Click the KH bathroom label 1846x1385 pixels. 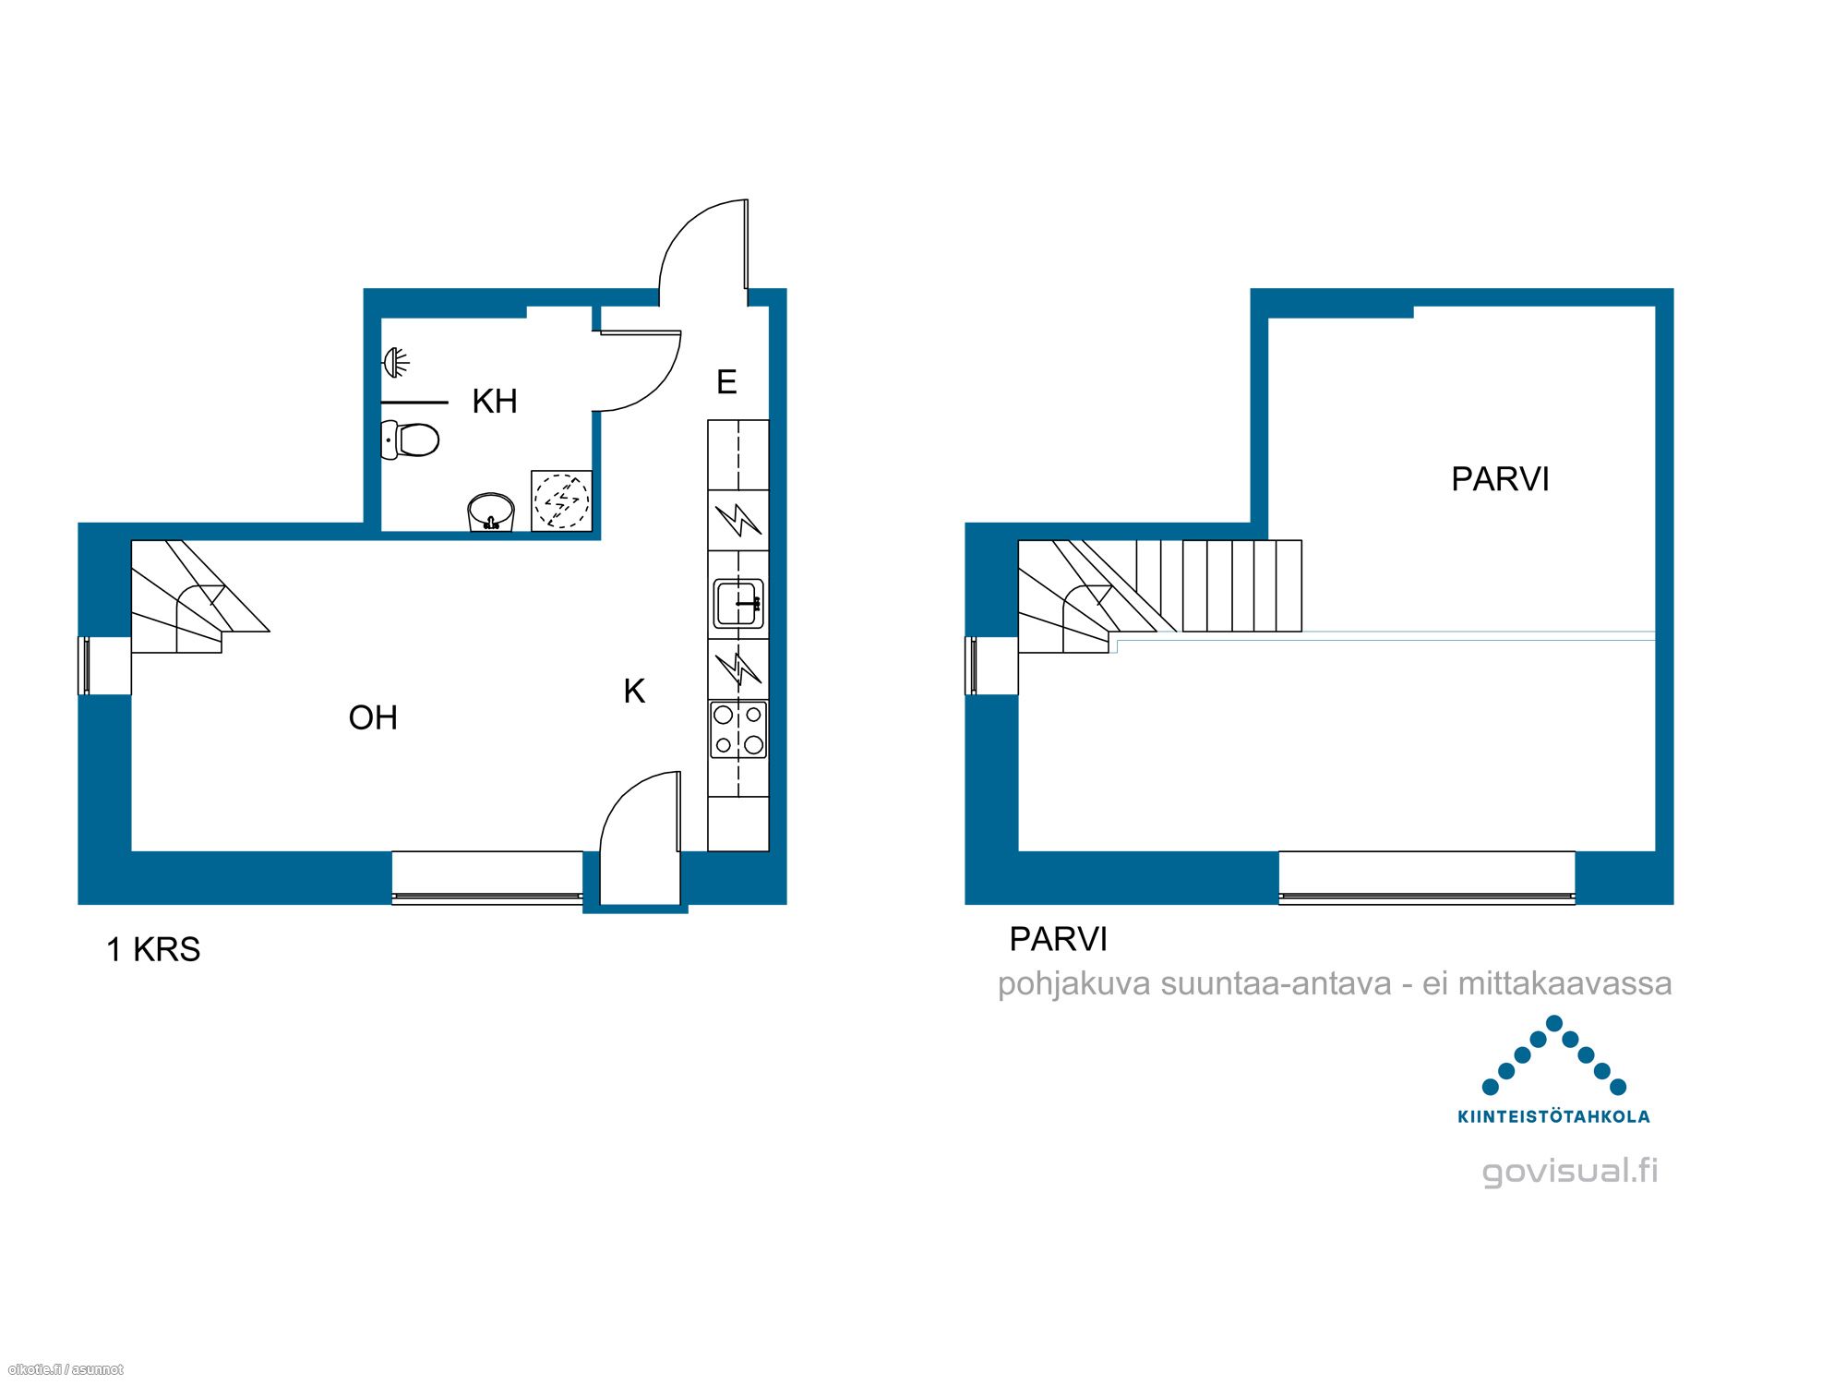click(x=495, y=402)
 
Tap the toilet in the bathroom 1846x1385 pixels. click(x=410, y=440)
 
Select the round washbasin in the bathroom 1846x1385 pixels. click(x=491, y=512)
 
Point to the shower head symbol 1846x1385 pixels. click(x=396, y=362)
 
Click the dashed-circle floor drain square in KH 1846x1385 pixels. click(x=561, y=500)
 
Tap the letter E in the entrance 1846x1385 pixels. click(x=726, y=382)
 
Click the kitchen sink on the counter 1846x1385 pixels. click(x=738, y=603)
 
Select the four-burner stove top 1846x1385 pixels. click(x=738, y=729)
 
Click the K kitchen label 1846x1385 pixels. click(x=634, y=691)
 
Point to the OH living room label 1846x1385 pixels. click(x=373, y=717)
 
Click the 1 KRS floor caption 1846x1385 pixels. click(x=153, y=949)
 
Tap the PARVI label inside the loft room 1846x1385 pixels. click(x=1500, y=479)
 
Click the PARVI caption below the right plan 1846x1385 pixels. click(x=1058, y=939)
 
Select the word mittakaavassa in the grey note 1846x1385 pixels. click(x=1564, y=983)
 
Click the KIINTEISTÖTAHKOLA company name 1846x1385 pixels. click(x=1553, y=1116)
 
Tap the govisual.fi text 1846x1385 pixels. click(x=1570, y=1171)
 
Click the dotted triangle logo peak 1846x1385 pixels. click(x=1554, y=1023)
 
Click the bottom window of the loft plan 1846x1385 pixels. click(x=1427, y=877)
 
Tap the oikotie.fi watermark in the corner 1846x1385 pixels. click(x=65, y=1369)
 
